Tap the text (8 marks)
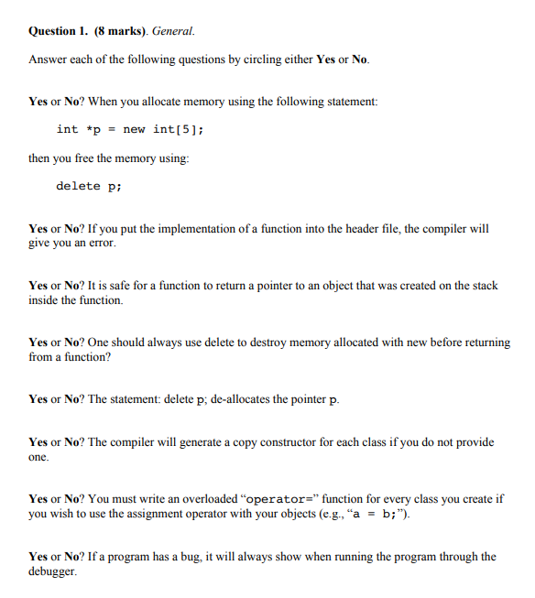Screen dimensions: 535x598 point(120,31)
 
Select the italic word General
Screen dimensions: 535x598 point(172,31)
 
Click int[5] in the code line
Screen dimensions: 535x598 point(176,129)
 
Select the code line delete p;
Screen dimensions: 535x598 point(88,186)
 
